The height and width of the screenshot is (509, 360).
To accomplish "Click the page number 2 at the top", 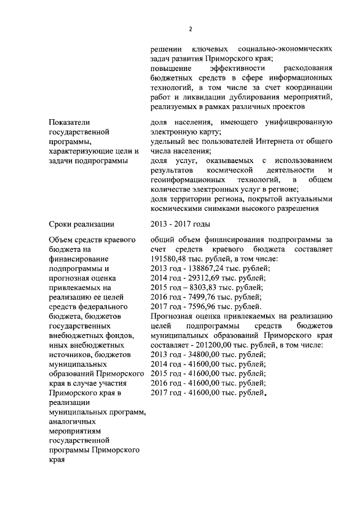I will coord(191,29).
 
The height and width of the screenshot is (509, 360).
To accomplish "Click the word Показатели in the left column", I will coord(69,122).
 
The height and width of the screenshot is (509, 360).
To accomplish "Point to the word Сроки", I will coord(62,225).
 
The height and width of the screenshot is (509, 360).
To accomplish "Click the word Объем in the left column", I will coord(62,240).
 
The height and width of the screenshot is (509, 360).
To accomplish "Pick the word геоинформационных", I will coord(183,179).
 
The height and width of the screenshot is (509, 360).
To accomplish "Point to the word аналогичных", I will coord(73,421).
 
